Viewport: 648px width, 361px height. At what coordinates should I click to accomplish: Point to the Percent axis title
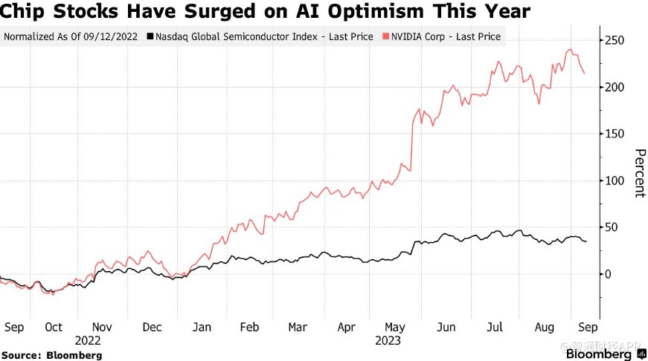coord(638,173)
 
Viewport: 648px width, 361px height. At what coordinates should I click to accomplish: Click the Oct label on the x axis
coord(54,327)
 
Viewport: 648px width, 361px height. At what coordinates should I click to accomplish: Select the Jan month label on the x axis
coord(201,327)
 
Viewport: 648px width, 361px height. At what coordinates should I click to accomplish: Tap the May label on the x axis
coord(395,327)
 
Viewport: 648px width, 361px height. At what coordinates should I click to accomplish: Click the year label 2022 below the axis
coord(89,340)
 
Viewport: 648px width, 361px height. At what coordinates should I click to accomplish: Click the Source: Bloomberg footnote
coord(51,355)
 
